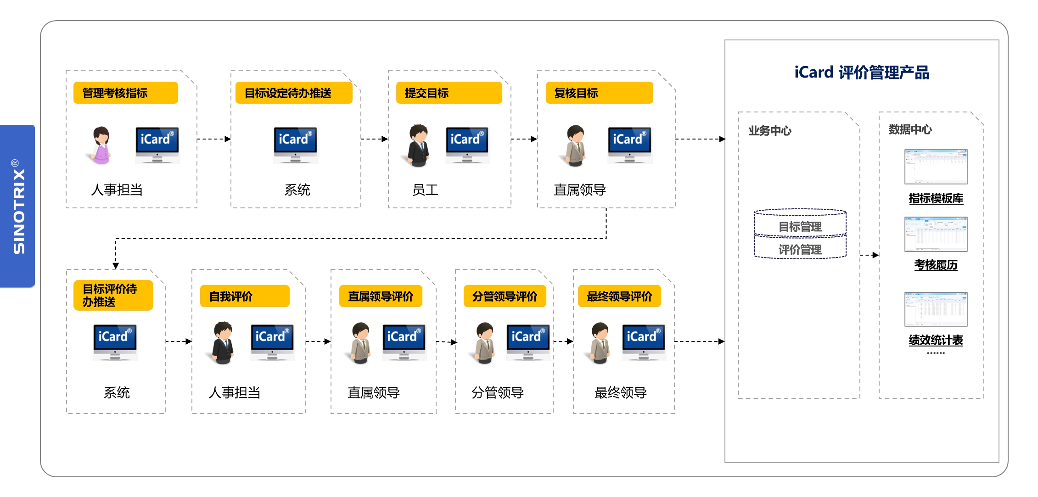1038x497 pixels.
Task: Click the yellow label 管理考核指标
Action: coord(125,93)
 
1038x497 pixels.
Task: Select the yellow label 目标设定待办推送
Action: coord(293,93)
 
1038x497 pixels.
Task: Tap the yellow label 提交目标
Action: coord(449,93)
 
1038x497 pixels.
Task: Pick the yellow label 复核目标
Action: coord(599,93)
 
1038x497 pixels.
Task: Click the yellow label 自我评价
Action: coord(244,296)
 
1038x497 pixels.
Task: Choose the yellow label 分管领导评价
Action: coord(505,296)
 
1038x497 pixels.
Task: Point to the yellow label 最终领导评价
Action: coord(619,296)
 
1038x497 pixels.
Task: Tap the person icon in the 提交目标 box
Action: coord(418,145)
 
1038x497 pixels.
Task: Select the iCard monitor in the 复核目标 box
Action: coord(629,145)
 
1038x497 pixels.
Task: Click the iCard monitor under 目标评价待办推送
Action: coord(115,342)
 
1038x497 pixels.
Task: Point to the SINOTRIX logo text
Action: coord(19,207)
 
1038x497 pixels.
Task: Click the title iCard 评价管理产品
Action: coord(861,73)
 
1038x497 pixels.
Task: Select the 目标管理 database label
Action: coord(800,226)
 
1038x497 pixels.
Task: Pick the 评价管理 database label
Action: coord(800,249)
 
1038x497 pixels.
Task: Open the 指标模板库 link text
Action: coord(936,198)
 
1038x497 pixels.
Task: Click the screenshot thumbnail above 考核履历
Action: coord(936,234)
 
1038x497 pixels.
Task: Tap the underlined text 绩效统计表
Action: coord(936,340)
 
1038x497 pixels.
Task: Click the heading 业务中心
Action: coord(769,131)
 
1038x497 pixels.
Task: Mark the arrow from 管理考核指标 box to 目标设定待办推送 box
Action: coord(214,139)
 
